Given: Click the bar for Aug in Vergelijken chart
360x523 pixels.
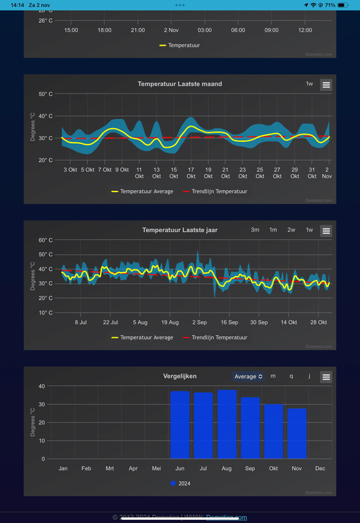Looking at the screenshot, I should (227, 424).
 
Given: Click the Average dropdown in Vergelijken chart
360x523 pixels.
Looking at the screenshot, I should (248, 376).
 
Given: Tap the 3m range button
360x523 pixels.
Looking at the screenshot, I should (255, 230).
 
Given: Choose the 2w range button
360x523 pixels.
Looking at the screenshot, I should (291, 230).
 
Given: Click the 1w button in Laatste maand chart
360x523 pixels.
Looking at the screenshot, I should (309, 84).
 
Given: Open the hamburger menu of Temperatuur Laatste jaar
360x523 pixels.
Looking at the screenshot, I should (326, 231).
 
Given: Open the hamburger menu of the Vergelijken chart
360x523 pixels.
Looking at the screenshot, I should (326, 377).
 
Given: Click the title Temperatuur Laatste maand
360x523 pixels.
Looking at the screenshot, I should (180, 84).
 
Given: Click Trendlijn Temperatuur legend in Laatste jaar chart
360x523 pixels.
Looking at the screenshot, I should (215, 337).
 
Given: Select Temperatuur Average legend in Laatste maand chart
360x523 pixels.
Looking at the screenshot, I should (142, 192).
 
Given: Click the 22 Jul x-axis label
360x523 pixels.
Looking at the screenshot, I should (110, 322).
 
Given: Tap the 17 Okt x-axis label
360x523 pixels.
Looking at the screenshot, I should (191, 173).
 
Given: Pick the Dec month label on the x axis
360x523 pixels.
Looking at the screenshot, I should (320, 469).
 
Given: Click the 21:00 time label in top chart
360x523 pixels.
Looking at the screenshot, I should (138, 30).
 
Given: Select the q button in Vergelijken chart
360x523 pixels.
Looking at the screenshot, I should (291, 376).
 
